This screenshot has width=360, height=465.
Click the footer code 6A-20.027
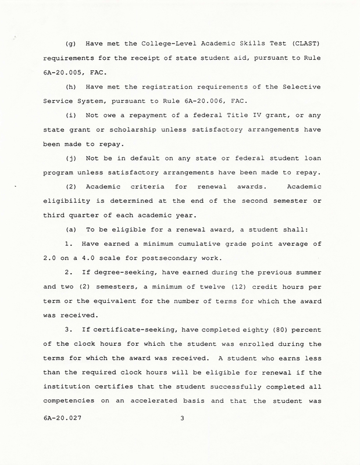point(61,434)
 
